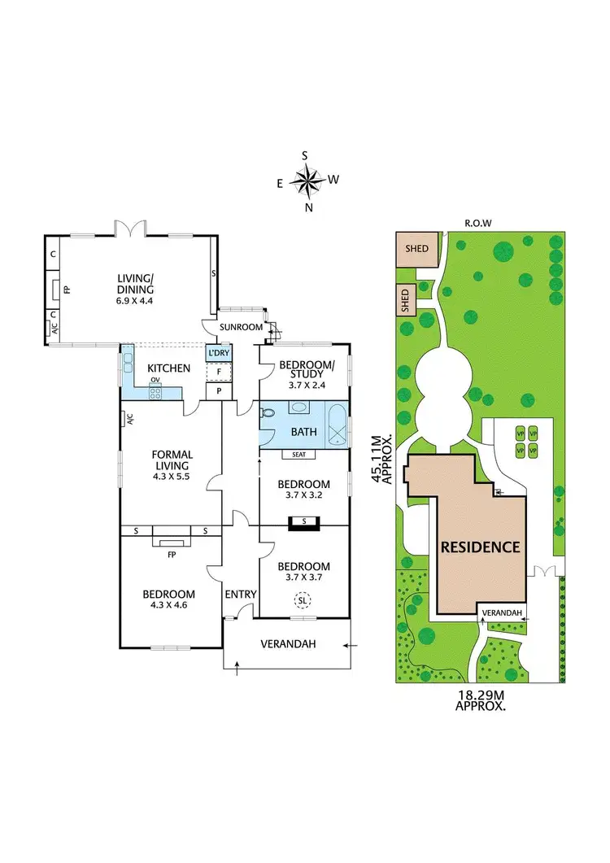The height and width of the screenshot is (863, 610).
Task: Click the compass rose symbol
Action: click(307, 181)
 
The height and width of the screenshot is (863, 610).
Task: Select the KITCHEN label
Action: click(168, 368)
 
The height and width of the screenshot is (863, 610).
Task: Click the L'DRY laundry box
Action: click(218, 354)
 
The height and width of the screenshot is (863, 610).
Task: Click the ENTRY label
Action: click(241, 595)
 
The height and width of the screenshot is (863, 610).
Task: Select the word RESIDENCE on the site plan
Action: click(480, 547)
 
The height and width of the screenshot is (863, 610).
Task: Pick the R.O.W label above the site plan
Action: click(476, 221)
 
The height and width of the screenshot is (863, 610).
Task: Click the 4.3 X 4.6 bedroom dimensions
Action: click(168, 606)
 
